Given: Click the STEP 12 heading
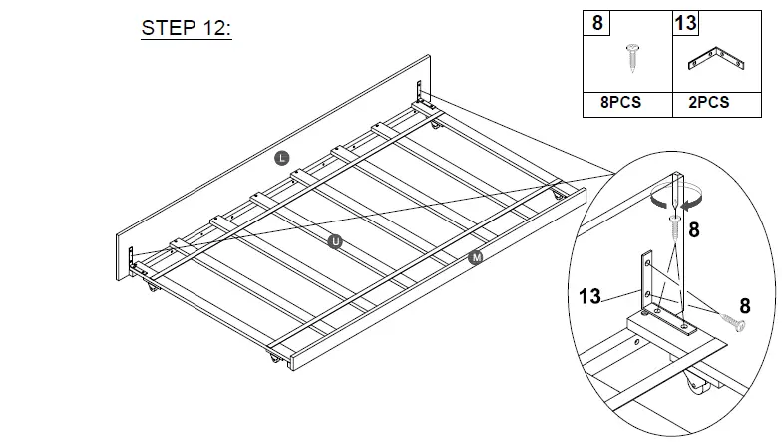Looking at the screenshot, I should coord(186,27).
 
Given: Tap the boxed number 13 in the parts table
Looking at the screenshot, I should coord(686,22).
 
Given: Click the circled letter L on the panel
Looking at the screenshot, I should coord(282,157).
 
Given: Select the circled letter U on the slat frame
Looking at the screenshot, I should coord(335,240).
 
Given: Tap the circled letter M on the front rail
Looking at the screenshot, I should coord(476,258).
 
